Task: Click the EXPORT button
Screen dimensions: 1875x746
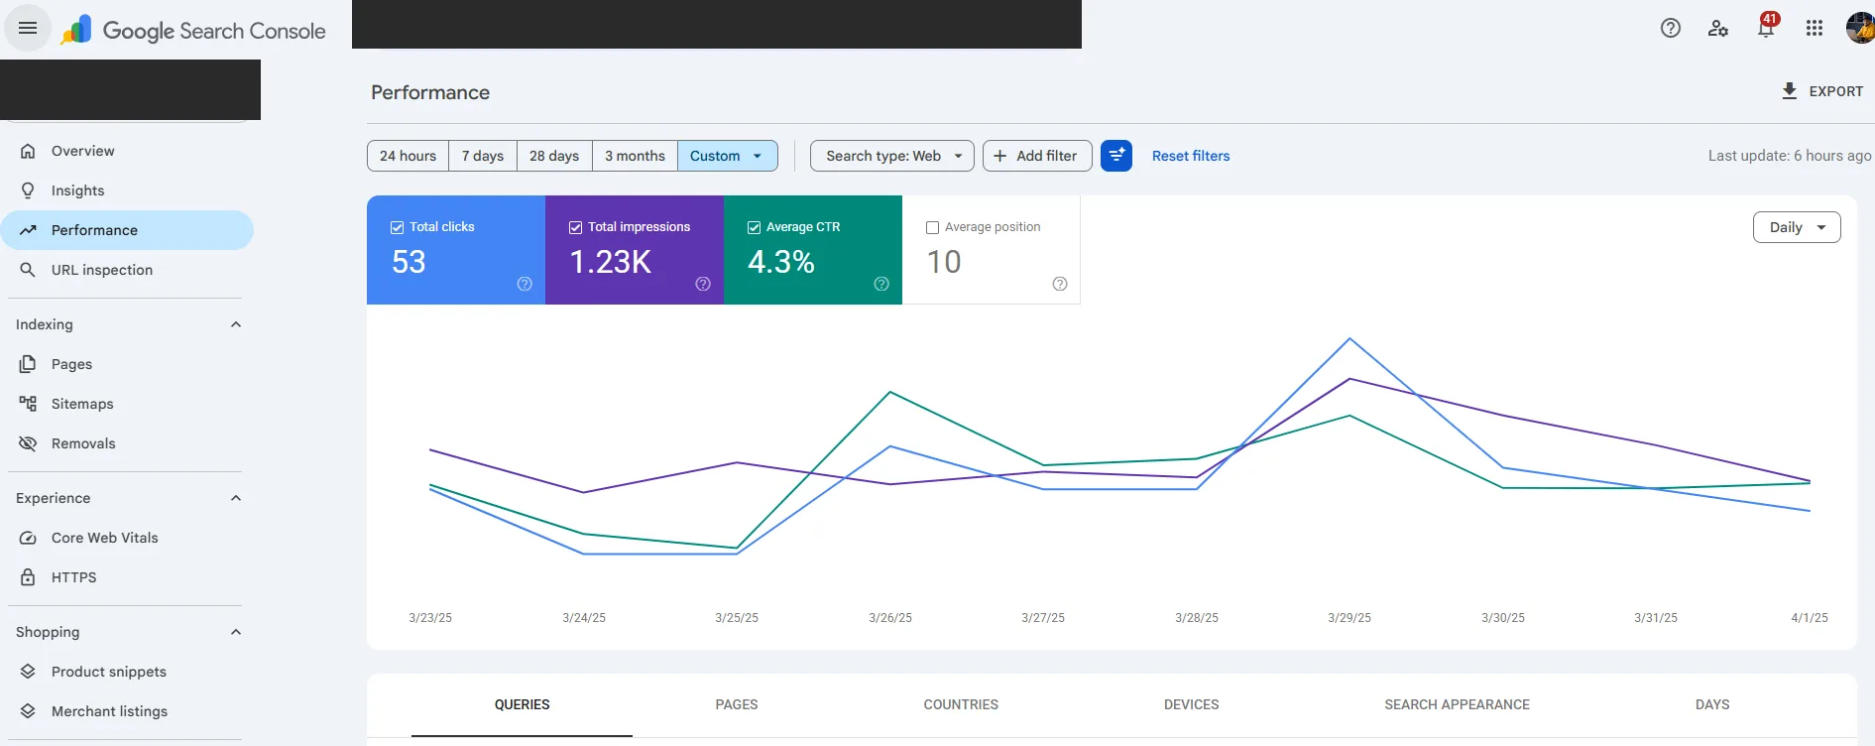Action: coord(1822,91)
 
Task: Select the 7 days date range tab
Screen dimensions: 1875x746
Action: coord(483,156)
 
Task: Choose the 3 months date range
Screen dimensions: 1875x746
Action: coord(635,156)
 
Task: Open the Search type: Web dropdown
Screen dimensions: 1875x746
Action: coord(892,156)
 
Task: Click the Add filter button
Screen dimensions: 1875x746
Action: coord(1037,156)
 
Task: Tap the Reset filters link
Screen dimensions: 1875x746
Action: coord(1191,156)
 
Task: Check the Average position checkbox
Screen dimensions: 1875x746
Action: coord(932,227)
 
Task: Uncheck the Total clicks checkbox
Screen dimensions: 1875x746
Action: coord(398,227)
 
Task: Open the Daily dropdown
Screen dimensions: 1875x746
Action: coord(1797,227)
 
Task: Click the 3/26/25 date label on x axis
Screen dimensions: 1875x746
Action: coord(890,618)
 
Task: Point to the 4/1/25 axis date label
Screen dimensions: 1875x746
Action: coord(1810,618)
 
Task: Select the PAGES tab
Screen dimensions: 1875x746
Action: coord(737,704)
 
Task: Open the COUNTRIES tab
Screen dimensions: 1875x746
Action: coord(961,704)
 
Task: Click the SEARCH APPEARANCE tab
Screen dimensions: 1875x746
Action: coord(1457,704)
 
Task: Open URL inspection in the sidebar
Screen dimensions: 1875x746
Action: coord(102,270)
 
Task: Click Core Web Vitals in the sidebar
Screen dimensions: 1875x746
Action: coord(105,538)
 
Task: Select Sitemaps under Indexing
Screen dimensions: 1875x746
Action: coord(82,404)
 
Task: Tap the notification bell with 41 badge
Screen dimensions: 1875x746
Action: coord(1766,28)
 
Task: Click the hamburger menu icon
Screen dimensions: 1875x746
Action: coord(28,28)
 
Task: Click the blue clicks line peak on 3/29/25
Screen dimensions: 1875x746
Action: coord(1349,339)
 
